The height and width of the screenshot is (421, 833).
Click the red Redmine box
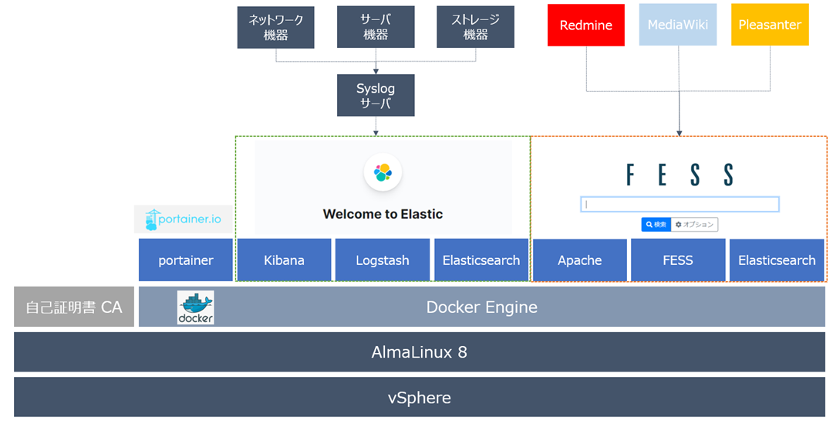coord(586,25)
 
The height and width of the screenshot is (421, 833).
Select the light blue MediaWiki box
coord(678,25)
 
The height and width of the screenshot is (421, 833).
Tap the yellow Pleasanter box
coord(770,25)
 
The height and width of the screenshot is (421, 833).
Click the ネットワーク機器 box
coord(276,28)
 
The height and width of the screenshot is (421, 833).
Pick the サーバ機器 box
coord(376,28)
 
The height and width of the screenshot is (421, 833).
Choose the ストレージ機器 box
coord(476,28)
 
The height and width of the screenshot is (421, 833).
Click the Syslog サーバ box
coord(376,96)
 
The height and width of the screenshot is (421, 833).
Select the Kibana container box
coord(284,260)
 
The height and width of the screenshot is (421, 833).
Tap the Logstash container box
coord(383,260)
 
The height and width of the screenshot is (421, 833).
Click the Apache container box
coord(580,260)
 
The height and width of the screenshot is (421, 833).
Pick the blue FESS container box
coord(678,260)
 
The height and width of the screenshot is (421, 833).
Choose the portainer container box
coord(186,260)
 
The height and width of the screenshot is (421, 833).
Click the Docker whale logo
coord(195,307)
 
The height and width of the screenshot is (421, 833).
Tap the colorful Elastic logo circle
coord(383,173)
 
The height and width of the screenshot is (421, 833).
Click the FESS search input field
coord(680,205)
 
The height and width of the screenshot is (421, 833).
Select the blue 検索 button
coord(656,225)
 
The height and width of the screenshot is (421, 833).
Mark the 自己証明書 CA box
coord(74,307)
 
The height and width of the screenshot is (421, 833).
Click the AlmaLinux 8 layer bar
coord(420,352)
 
